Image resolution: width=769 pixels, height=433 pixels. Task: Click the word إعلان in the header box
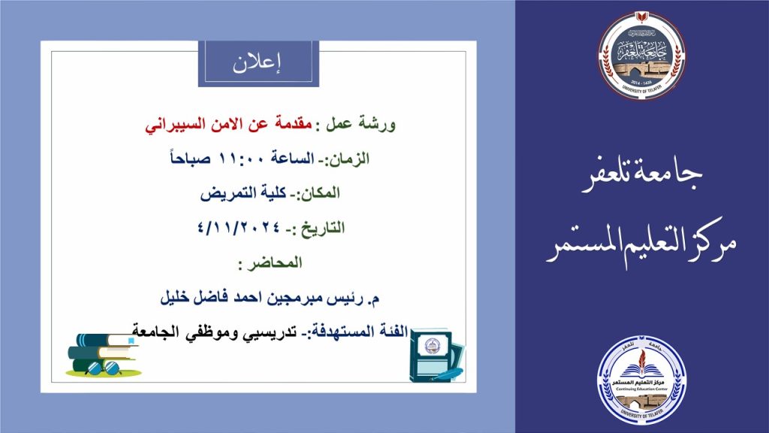[257, 64]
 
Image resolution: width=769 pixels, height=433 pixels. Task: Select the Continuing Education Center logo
[641, 380]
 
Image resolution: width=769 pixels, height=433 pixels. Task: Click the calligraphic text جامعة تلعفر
[641, 174]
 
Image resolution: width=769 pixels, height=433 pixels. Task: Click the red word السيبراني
[167, 125]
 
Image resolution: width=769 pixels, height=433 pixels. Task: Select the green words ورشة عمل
[360, 124]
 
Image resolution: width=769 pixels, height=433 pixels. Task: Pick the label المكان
[318, 193]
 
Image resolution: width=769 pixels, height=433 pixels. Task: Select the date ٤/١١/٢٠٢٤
[239, 228]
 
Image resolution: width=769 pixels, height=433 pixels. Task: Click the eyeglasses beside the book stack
[103, 368]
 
